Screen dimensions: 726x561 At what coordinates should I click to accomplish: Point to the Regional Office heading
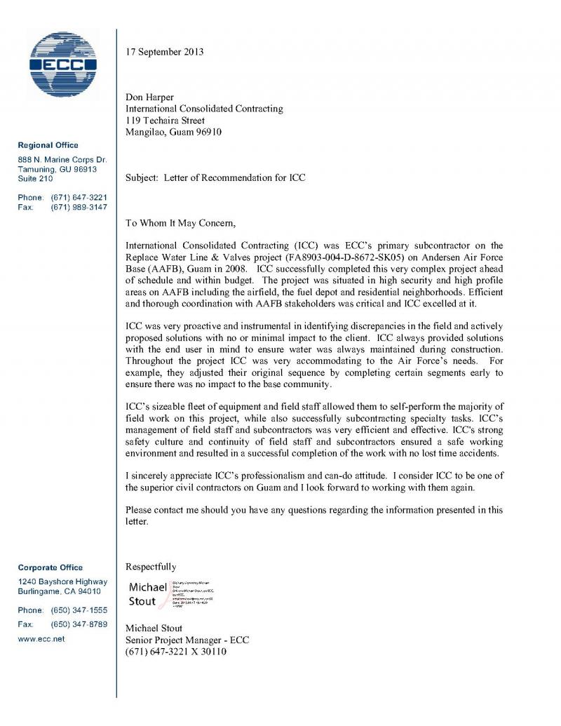click(48, 145)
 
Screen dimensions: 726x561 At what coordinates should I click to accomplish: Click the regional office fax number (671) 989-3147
click(79, 208)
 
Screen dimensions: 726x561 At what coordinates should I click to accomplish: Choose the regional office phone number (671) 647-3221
click(79, 197)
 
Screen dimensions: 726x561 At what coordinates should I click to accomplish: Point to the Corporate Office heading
click(50, 567)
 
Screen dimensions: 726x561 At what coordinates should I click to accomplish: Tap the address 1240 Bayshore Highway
click(62, 582)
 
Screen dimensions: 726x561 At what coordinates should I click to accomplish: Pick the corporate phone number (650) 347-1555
click(79, 610)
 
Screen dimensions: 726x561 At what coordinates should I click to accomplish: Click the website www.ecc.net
click(41, 639)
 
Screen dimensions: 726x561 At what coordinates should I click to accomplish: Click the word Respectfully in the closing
click(151, 567)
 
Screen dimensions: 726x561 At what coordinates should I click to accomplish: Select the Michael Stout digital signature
click(171, 593)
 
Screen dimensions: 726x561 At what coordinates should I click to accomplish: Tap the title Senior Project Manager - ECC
click(187, 640)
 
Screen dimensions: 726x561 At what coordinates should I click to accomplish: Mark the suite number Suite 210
click(35, 179)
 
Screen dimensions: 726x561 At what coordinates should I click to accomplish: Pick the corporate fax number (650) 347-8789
click(79, 624)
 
